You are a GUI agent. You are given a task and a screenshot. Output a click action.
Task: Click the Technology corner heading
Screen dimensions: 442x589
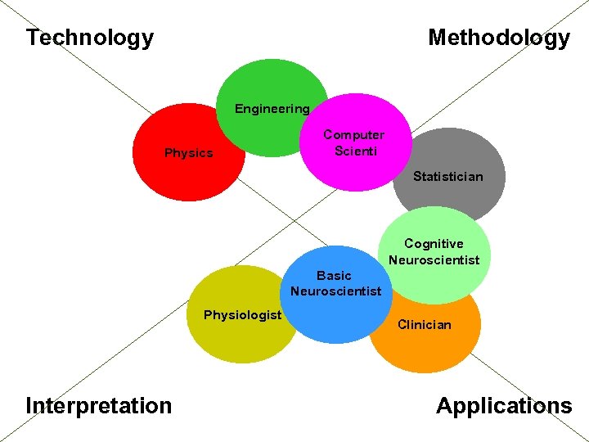click(x=89, y=38)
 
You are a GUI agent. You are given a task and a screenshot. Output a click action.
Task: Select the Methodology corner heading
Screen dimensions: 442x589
click(x=498, y=38)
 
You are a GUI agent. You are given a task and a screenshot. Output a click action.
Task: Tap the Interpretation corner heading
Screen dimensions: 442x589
click(x=99, y=405)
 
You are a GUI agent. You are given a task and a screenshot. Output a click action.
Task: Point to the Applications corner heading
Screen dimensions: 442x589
click(x=504, y=405)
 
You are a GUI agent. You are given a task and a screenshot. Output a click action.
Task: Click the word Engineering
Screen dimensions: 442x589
click(x=272, y=109)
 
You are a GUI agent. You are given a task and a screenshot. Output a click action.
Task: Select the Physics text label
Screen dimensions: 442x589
click(x=188, y=153)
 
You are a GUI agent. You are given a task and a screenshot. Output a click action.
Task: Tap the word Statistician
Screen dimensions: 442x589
click(x=447, y=176)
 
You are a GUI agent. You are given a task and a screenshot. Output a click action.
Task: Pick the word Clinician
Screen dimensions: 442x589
click(x=424, y=325)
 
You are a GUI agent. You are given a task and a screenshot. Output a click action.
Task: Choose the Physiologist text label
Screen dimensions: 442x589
click(x=242, y=315)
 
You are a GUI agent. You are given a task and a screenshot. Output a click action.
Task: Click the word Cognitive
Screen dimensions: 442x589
click(x=434, y=244)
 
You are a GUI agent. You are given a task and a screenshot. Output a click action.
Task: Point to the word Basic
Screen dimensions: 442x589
click(x=334, y=276)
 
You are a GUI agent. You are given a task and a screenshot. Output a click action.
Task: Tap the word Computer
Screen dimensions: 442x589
click(x=353, y=135)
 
